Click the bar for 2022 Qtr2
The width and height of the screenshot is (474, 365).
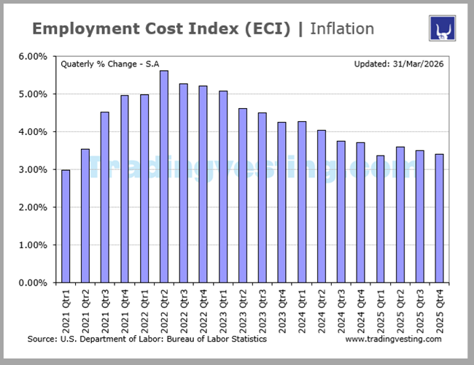(164, 177)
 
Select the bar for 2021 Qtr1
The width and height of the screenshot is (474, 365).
(66, 226)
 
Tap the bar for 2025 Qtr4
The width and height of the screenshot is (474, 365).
(439, 218)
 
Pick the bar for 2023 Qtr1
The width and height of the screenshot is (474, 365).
(222, 187)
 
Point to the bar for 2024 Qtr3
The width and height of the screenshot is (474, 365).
(341, 212)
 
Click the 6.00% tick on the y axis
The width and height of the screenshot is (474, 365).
(33, 56)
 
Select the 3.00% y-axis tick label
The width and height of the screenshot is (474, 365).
(33, 169)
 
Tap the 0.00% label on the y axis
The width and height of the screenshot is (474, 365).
(33, 283)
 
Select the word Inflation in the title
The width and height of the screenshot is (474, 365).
(342, 29)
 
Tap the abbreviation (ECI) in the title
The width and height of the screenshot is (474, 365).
(266, 29)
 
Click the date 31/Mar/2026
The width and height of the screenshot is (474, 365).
(419, 64)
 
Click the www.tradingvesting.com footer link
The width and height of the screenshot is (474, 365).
(393, 339)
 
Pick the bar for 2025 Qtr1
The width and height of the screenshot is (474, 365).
(380, 219)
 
